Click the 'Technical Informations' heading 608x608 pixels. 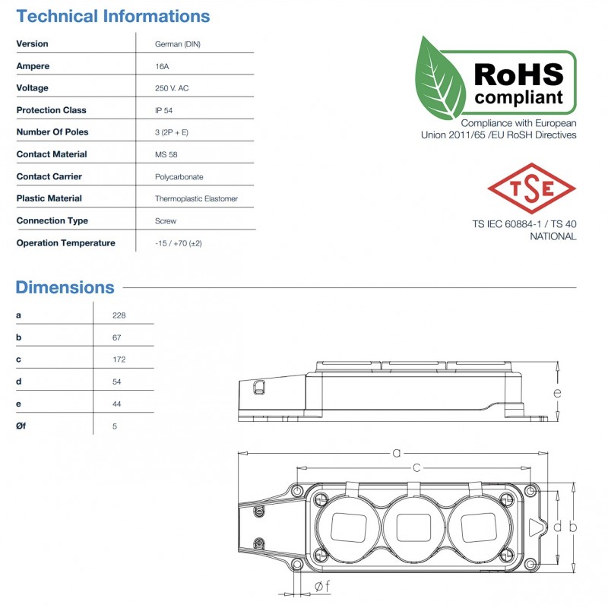click(112, 16)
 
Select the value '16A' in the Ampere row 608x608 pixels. click(162, 66)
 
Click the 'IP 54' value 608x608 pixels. click(163, 110)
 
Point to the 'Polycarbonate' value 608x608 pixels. click(179, 176)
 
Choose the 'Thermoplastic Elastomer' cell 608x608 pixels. click(196, 198)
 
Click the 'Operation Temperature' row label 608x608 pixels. click(65, 243)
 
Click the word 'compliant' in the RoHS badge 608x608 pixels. click(519, 97)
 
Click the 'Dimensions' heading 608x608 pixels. click(65, 287)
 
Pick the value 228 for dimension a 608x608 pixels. click(119, 315)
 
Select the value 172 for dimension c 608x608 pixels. click(119, 359)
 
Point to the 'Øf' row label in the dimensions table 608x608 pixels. click(21, 426)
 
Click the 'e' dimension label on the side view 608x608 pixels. click(557, 393)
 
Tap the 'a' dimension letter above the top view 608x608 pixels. click(396, 453)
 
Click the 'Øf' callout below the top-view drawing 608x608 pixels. click(321, 585)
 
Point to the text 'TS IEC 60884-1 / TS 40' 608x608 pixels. click(524, 224)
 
